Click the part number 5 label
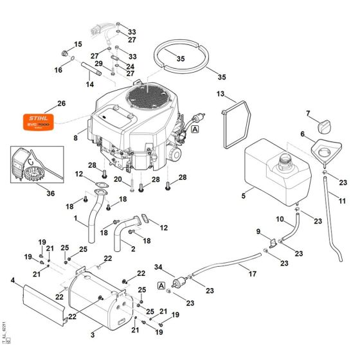(x=243, y=195)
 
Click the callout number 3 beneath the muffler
(x=93, y=335)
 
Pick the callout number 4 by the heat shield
(x=12, y=280)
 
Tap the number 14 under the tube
(x=90, y=84)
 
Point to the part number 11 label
(x=343, y=201)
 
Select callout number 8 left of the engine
(x=75, y=138)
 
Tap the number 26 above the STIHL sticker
(x=61, y=103)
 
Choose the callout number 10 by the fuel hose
(x=280, y=219)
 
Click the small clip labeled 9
(x=273, y=242)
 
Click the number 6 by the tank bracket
(x=302, y=134)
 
